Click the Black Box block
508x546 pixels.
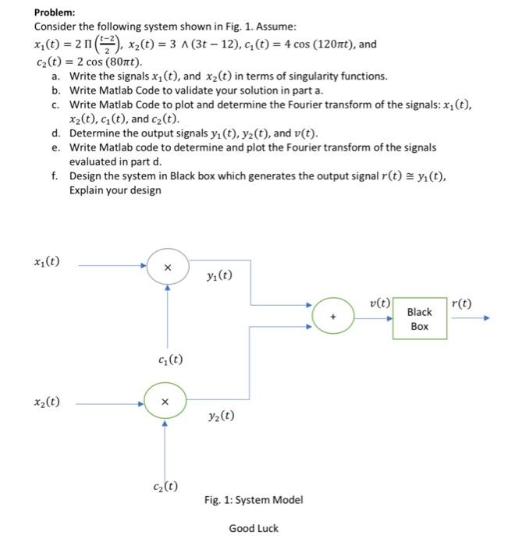(x=419, y=318)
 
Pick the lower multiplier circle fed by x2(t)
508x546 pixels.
(x=165, y=402)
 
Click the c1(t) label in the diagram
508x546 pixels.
(x=170, y=360)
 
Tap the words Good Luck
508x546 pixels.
(x=254, y=529)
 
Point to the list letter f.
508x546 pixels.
(x=55, y=175)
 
